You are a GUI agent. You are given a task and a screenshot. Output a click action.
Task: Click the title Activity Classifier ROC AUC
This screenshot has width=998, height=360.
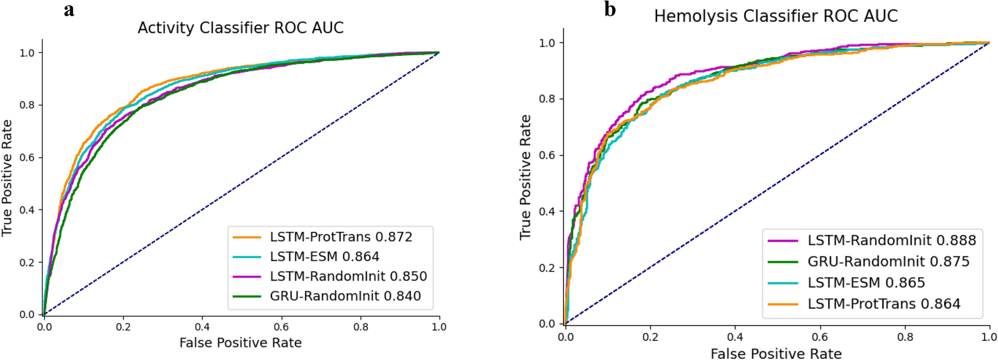pos(240,28)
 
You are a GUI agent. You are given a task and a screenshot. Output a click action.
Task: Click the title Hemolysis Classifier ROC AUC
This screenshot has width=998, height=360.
pos(775,16)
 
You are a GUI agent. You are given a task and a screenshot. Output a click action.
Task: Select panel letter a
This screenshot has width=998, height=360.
pos(69,10)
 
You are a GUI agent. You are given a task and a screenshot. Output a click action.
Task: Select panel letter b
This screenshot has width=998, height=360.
pos(610,9)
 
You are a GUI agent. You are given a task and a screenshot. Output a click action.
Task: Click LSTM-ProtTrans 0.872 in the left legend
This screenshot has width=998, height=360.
pos(340,237)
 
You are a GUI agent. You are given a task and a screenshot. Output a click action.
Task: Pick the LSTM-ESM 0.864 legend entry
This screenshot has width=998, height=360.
pos(324,256)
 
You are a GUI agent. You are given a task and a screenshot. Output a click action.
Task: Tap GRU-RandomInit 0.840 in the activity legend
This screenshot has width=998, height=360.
pos(345,296)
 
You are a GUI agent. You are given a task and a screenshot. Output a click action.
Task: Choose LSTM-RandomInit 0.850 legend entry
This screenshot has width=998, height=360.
pos(348,276)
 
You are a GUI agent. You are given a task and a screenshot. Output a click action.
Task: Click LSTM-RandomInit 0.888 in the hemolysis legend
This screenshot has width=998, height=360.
pos(891,240)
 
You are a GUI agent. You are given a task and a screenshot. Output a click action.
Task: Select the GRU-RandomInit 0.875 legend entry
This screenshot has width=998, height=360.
pos(888,262)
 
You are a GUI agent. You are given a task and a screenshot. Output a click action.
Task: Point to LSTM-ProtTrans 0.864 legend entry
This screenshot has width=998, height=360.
pos(884,304)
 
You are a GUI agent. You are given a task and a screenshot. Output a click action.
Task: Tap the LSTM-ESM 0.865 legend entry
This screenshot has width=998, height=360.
pos(866,282)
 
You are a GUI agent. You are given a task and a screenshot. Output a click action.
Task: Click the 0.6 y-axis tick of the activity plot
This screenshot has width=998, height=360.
pos(27,157)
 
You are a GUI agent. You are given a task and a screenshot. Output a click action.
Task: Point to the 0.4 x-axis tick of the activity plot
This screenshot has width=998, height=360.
pos(203,327)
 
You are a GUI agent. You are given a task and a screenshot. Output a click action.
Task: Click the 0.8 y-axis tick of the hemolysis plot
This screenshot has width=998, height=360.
pos(547,99)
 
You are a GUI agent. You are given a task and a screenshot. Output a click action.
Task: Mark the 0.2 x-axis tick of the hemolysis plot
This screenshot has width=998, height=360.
pos(650,337)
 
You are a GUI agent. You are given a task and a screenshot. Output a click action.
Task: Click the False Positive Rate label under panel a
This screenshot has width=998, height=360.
pos(240,343)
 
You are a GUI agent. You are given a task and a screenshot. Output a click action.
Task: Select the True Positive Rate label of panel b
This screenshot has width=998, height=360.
pos(525,177)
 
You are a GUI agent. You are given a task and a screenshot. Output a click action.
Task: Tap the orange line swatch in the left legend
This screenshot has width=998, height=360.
pos(246,237)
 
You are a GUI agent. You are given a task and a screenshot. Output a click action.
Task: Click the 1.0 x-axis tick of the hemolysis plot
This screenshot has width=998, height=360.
pos(988,337)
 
